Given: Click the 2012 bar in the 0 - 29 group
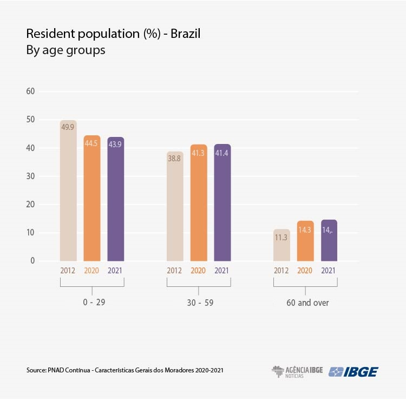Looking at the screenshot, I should click(68, 191).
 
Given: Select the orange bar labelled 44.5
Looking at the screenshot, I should click(92, 198).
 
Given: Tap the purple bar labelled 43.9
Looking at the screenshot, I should click(116, 199).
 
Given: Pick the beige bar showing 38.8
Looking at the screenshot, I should click(175, 206).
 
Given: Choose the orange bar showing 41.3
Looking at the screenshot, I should click(199, 203).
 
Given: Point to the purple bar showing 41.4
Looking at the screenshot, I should click(222, 202).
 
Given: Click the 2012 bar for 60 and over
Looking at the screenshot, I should click(281, 245).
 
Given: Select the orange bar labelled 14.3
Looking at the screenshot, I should click(305, 241).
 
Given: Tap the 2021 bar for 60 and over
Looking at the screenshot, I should click(329, 240).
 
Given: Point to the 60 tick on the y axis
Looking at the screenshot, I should click(30, 91).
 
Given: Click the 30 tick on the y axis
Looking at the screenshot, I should click(30, 176).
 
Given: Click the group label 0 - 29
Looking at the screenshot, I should click(92, 303).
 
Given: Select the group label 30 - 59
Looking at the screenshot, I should click(199, 303).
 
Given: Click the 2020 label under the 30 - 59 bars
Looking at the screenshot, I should click(199, 271).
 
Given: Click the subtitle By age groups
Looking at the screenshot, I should click(66, 50).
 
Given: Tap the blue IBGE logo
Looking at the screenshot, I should click(354, 371).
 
